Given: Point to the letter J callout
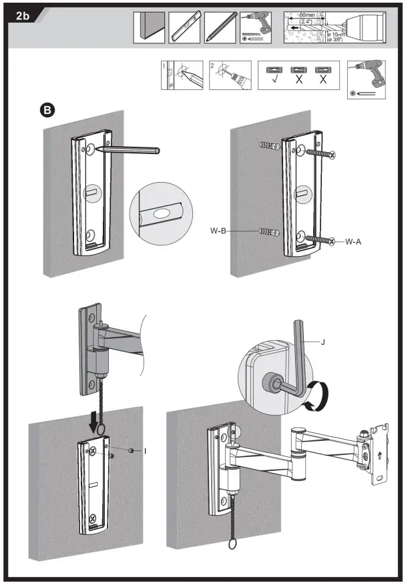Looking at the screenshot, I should tap(323, 342).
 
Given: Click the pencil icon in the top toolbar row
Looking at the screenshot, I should tap(220, 27).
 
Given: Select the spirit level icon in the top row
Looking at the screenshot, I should tap(184, 27).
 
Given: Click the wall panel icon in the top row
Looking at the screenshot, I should tap(149, 27).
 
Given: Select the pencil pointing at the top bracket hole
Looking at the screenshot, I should tap(127, 151).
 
